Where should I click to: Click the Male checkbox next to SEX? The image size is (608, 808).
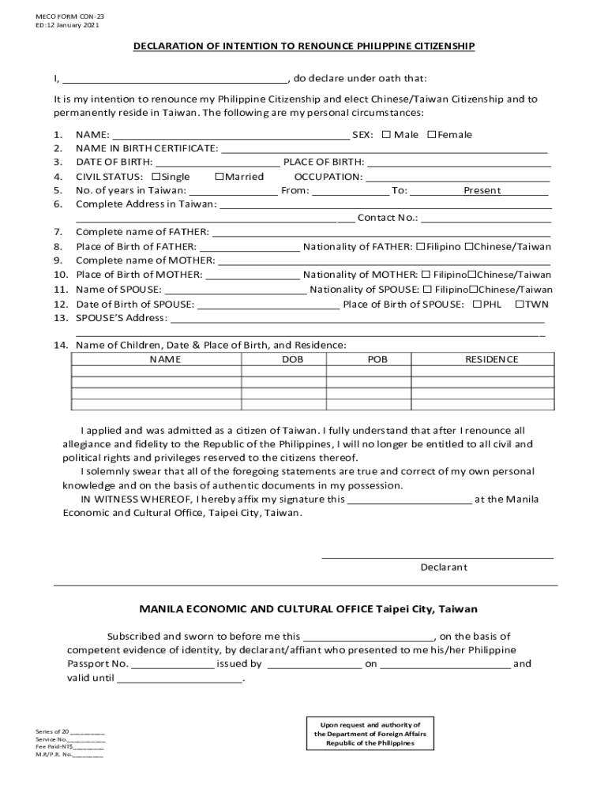pos(386,134)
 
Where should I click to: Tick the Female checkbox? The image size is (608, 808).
pos(431,134)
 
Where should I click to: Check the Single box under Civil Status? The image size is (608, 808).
pos(156,176)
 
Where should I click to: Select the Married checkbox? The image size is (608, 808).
pos(219,176)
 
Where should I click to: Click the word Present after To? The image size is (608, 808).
pos(482,190)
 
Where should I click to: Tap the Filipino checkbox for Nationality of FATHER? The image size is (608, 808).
pos(420,247)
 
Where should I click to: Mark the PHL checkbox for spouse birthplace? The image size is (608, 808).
pos(476,304)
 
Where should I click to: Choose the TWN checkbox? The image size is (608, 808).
pos(520,304)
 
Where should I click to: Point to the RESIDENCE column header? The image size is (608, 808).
pos(491,359)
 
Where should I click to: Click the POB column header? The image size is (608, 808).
pos(377,359)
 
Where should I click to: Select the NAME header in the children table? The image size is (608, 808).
pos(165,359)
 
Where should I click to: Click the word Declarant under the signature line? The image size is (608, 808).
pos(443,567)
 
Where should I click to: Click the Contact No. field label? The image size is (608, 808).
pos(388,218)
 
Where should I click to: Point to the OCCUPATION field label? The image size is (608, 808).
pos(328,177)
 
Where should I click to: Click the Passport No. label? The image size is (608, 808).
pos(97,664)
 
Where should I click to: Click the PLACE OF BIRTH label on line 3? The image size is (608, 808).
pos(324,163)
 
